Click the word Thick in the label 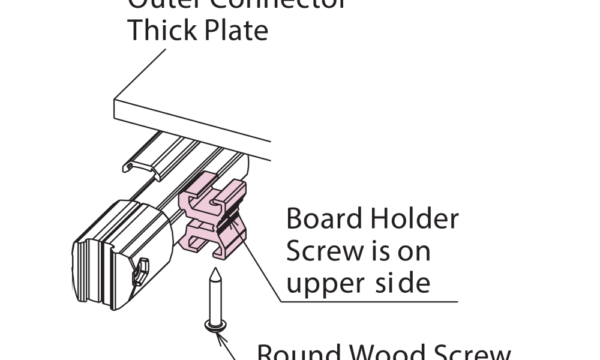point(161,30)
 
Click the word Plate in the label point(235,30)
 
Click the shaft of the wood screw point(213,300)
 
